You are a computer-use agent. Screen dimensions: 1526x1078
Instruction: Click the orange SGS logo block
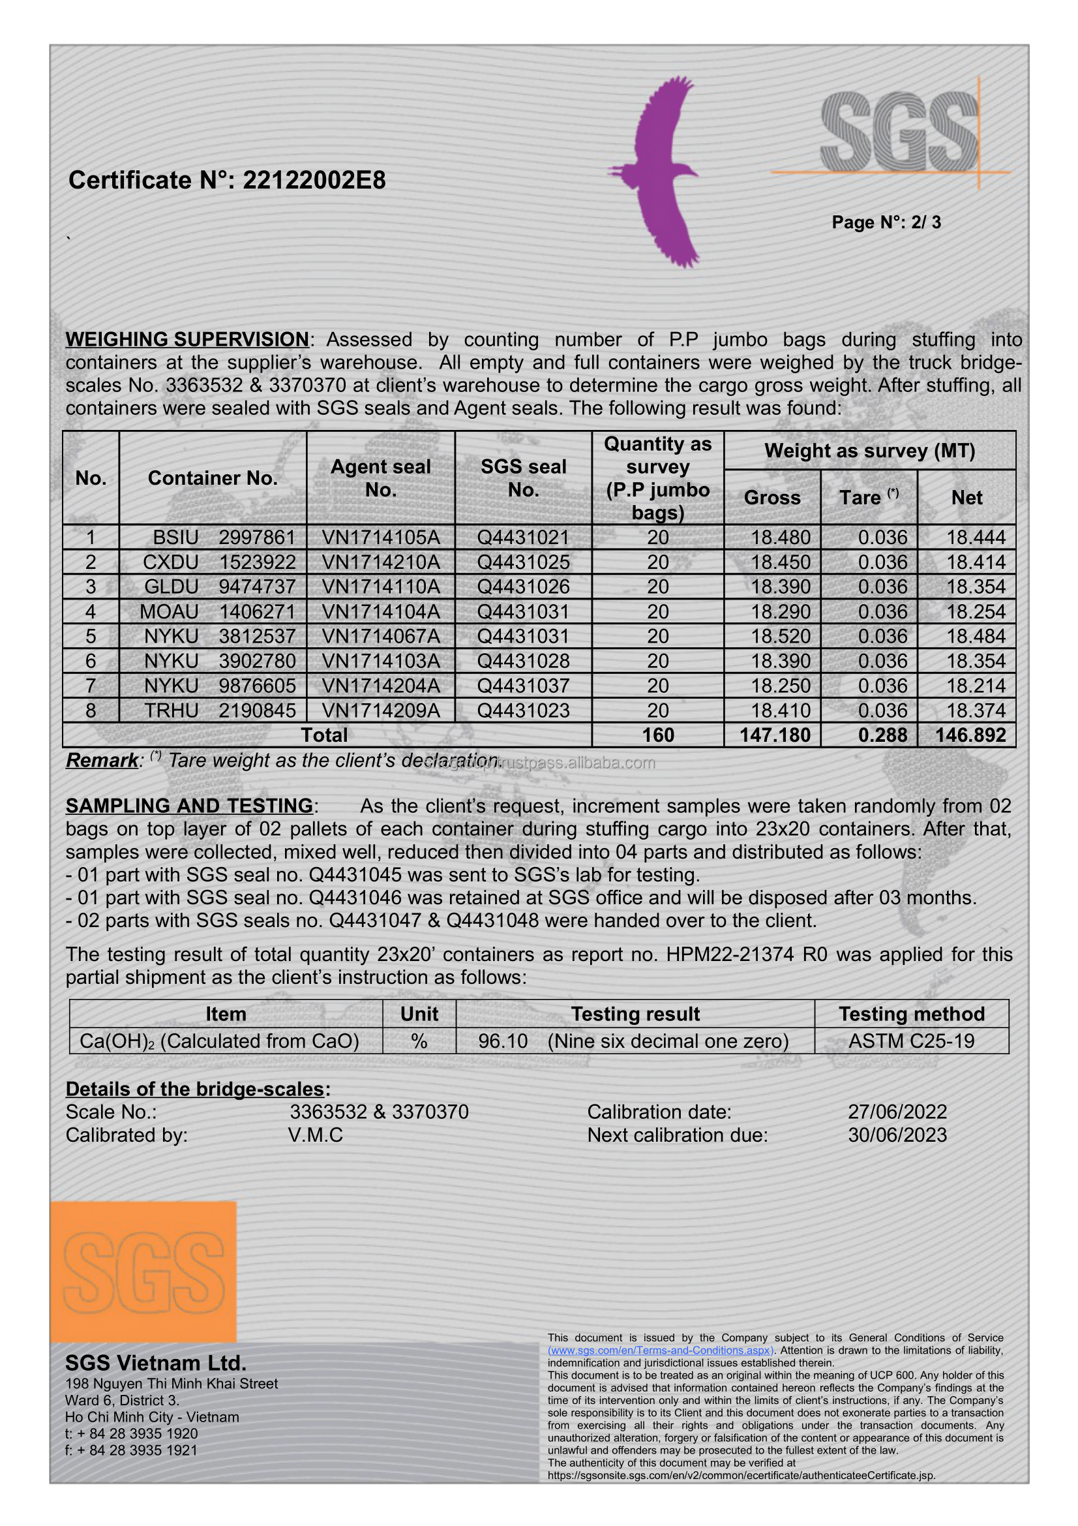143,1270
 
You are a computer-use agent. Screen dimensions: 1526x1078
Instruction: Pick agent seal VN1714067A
381,636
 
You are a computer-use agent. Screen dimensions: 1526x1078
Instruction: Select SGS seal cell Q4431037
524,685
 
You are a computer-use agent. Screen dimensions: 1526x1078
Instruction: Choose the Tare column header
868,497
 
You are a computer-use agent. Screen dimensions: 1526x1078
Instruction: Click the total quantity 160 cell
657,735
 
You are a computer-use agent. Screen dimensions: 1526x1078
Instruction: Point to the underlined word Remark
102,760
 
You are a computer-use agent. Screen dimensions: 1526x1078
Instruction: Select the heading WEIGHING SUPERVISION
187,340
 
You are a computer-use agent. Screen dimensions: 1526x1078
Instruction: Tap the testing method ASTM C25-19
911,1041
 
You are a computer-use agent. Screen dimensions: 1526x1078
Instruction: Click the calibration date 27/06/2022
897,1112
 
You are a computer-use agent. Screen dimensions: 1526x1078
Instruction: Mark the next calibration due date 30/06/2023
897,1135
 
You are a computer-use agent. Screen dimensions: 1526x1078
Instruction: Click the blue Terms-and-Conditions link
660,1351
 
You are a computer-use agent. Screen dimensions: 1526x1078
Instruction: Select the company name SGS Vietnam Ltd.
156,1363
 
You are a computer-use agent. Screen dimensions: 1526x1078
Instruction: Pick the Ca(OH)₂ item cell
219,1041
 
